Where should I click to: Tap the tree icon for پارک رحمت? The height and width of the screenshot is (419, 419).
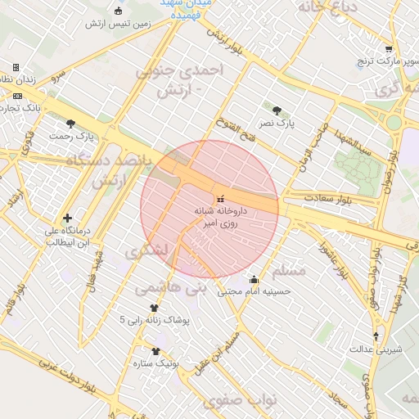point(70,124)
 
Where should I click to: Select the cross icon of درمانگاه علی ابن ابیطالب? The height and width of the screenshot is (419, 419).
point(67,218)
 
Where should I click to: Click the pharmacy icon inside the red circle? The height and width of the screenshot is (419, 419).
point(219,199)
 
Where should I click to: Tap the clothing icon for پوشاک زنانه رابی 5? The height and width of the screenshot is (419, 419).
point(154,308)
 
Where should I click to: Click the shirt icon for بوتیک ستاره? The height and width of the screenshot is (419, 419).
point(155,350)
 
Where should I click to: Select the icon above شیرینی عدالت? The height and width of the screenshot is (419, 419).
point(376,336)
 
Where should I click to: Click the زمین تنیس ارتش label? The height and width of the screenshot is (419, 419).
point(119,25)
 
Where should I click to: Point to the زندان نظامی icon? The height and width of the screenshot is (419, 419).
point(16,67)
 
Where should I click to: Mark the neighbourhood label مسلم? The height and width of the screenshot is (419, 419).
point(287,270)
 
